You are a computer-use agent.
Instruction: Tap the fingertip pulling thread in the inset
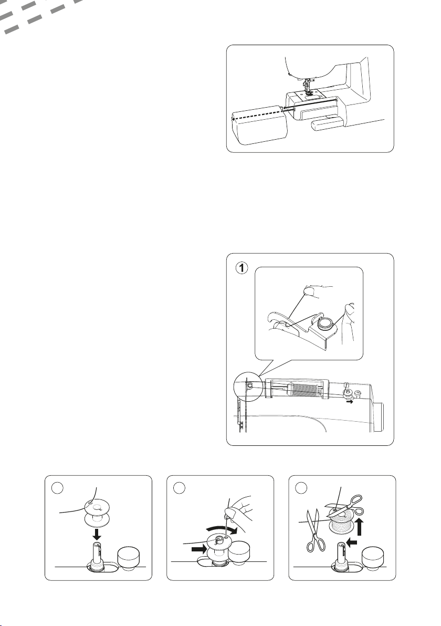click(x=308, y=290)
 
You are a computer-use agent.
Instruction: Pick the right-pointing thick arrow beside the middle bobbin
click(x=198, y=549)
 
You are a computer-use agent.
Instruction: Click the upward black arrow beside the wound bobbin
click(x=361, y=526)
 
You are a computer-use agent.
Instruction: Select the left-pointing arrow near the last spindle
click(x=351, y=542)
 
